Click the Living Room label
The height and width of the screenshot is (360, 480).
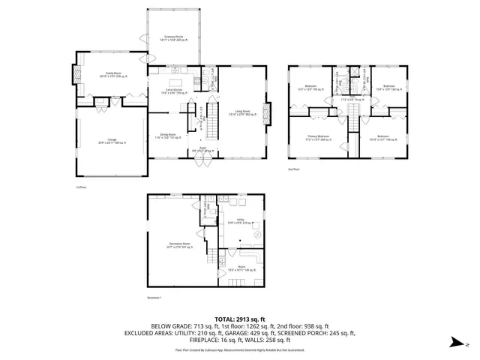(x=241, y=113)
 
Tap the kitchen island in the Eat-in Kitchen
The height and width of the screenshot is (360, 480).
(x=177, y=82)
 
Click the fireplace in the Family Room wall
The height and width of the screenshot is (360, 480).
(x=76, y=73)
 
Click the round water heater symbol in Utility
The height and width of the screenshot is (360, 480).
(x=258, y=235)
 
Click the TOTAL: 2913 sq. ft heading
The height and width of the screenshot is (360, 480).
(x=240, y=319)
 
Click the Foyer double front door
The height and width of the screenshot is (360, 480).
(x=202, y=159)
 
